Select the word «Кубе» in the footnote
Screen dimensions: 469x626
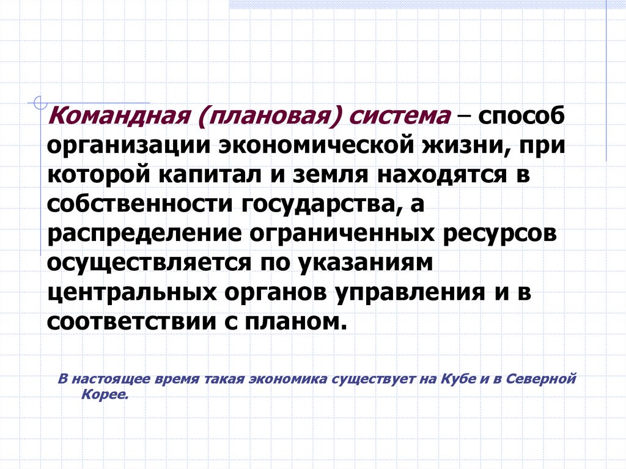pos(451,379)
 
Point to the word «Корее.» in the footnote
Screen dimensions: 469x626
pos(105,395)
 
